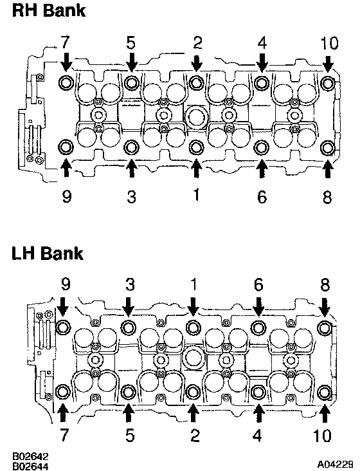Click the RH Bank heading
pyautogui.click(x=49, y=11)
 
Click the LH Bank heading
pyautogui.click(x=48, y=254)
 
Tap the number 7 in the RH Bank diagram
pyautogui.click(x=65, y=42)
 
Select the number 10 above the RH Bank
pyautogui.click(x=329, y=43)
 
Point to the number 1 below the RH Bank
pyautogui.click(x=196, y=194)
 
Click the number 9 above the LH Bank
pyautogui.click(x=66, y=284)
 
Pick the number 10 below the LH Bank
pyautogui.click(x=322, y=435)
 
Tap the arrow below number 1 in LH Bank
pyautogui.click(x=194, y=307)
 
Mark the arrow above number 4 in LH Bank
pyautogui.click(x=258, y=413)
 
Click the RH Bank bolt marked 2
pyautogui.click(x=197, y=82)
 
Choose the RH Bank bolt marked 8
pyautogui.click(x=327, y=148)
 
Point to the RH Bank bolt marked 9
pyautogui.click(x=66, y=147)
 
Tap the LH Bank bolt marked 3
pyautogui.click(x=129, y=327)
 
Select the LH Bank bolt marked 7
pyautogui.click(x=64, y=392)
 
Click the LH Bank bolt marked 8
pyautogui.click(x=324, y=328)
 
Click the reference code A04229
pyautogui.click(x=335, y=465)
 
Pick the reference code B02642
pyautogui.click(x=30, y=457)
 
